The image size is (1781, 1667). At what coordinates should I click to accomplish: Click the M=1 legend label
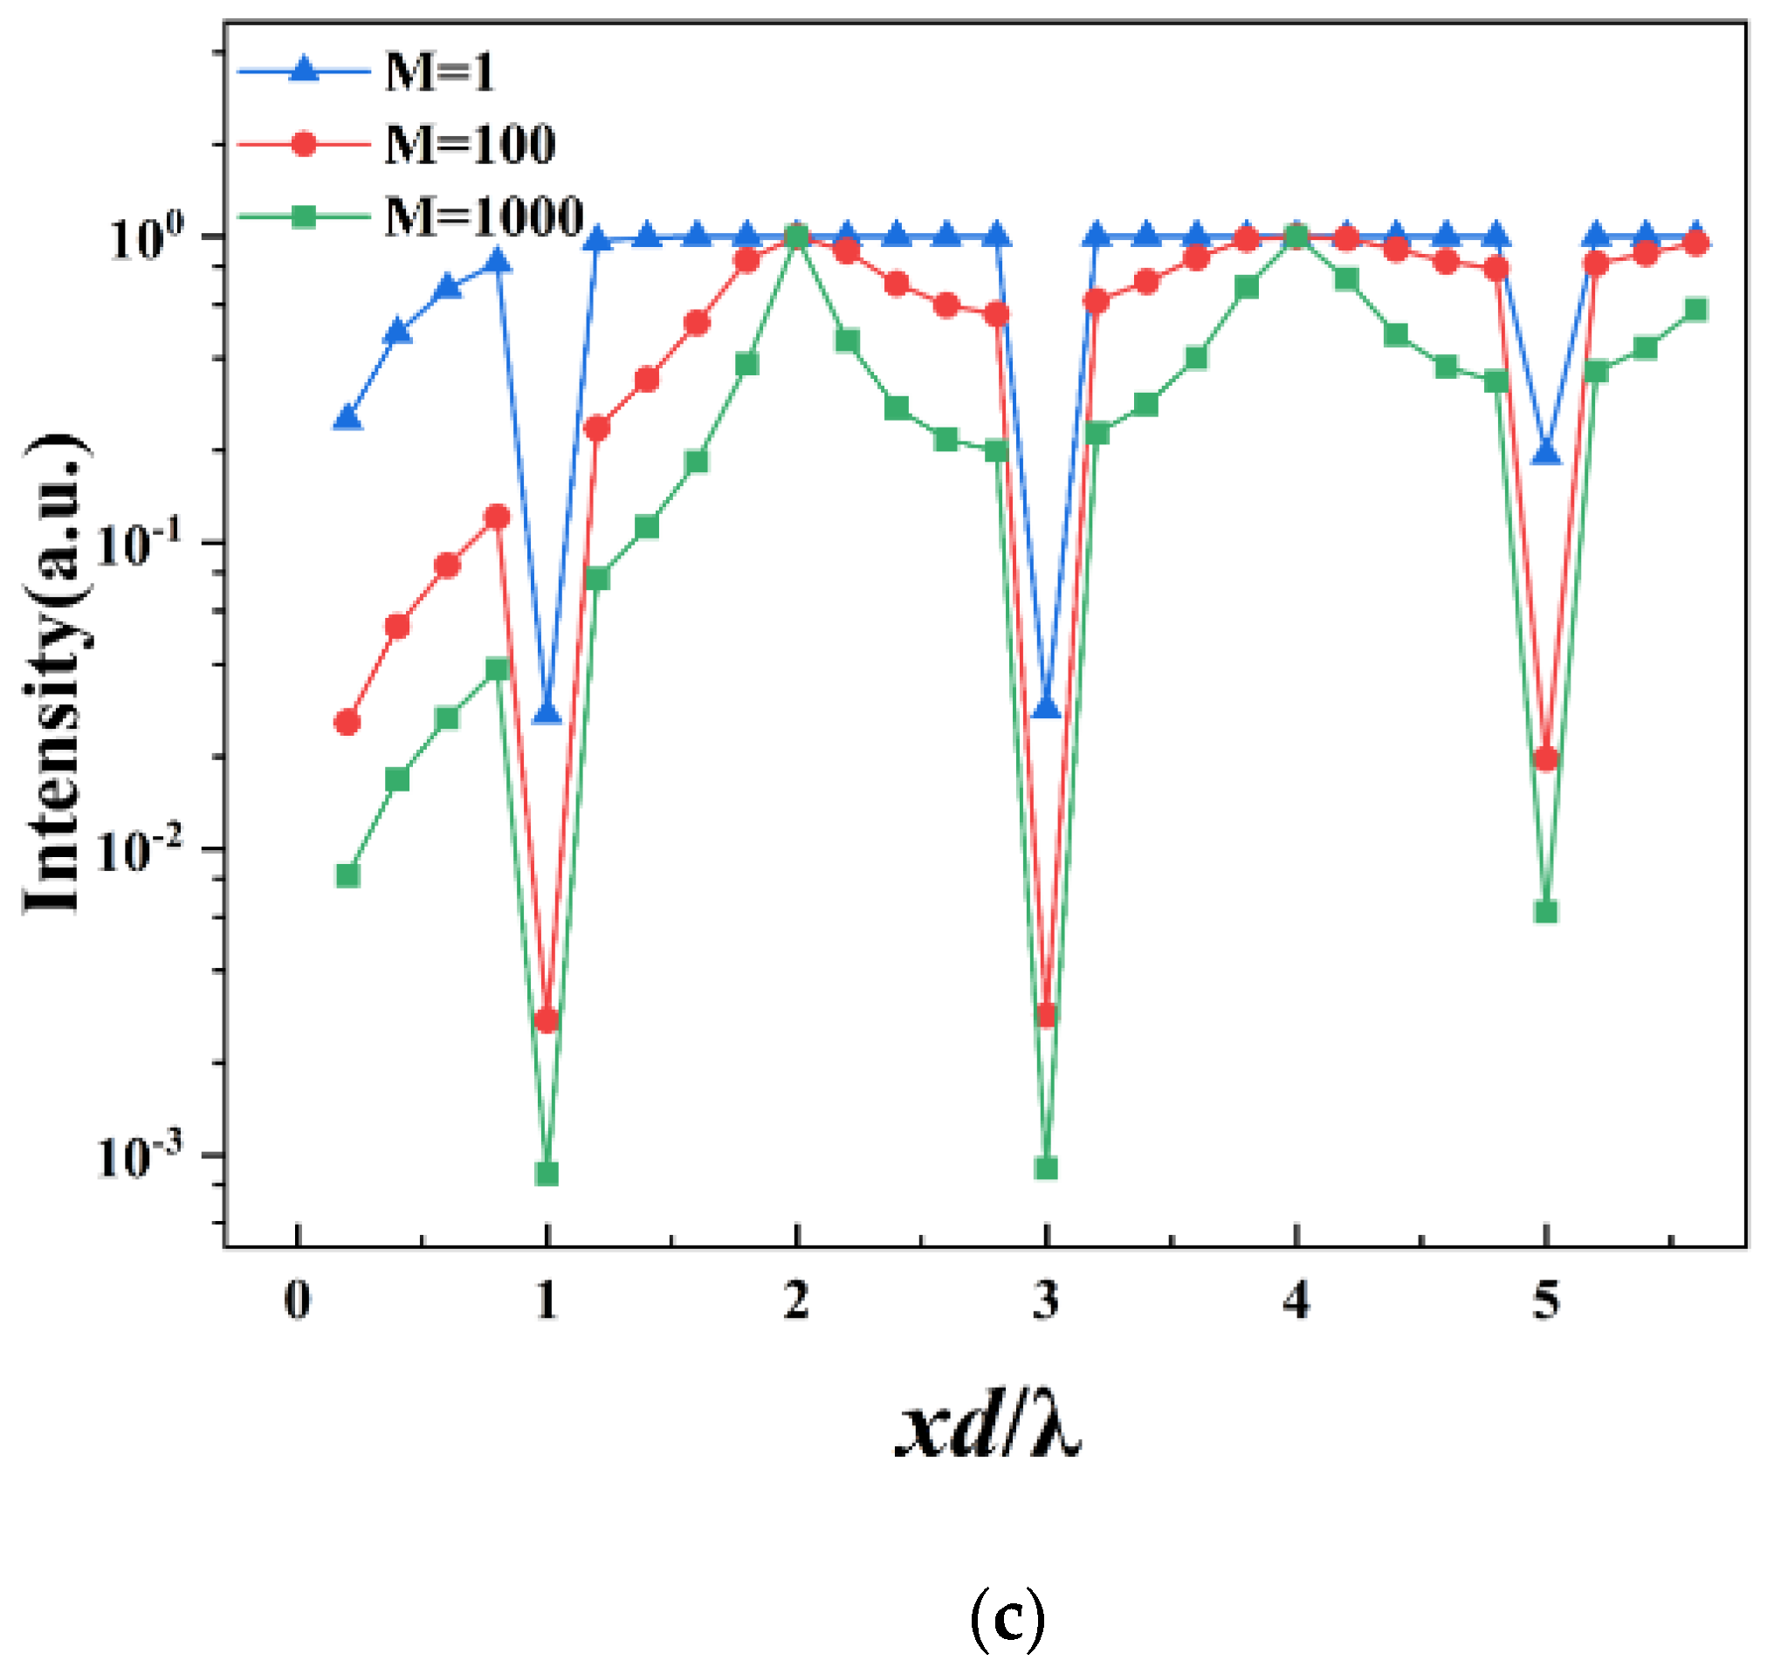tap(439, 72)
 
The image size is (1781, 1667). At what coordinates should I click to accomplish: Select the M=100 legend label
tap(470, 144)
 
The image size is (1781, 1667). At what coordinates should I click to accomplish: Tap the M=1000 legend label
tap(484, 216)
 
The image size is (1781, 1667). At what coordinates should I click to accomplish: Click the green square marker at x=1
tap(547, 1173)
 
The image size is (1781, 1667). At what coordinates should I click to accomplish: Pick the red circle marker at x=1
tap(547, 1020)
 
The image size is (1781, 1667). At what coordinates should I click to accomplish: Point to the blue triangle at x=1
tap(547, 713)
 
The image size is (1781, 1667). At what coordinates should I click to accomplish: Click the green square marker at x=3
tap(1046, 1168)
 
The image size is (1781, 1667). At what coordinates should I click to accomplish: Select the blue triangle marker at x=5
tap(1545, 454)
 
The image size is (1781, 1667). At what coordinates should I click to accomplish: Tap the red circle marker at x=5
tap(1545, 758)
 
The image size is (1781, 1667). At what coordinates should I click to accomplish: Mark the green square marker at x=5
tap(1545, 912)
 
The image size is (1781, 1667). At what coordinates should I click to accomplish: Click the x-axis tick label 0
tap(298, 1300)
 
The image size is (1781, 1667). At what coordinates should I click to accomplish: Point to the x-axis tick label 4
tap(1296, 1300)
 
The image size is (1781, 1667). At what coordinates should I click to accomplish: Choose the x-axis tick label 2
tap(796, 1300)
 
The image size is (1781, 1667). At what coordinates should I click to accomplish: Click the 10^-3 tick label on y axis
tap(139, 1156)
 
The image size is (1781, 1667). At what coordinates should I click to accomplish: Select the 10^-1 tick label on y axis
tap(139, 544)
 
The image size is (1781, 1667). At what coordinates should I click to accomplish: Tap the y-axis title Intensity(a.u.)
tap(56, 672)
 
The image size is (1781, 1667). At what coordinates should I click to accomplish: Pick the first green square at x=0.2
tap(347, 875)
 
